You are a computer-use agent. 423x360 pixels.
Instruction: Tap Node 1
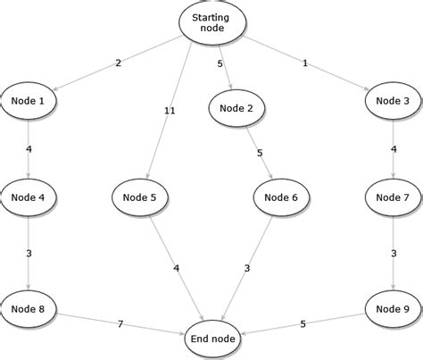[x=29, y=101]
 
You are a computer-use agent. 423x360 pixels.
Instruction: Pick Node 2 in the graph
[x=237, y=108]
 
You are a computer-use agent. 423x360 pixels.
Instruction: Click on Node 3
[x=393, y=101]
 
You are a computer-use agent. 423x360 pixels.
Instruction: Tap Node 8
[x=29, y=309]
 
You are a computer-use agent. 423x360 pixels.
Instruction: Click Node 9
[x=393, y=309]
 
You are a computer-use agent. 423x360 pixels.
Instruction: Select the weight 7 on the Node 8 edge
[x=120, y=322]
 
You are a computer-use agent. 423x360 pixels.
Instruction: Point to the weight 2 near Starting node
[x=117, y=63]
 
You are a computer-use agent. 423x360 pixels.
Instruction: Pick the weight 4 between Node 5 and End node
[x=175, y=268]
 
